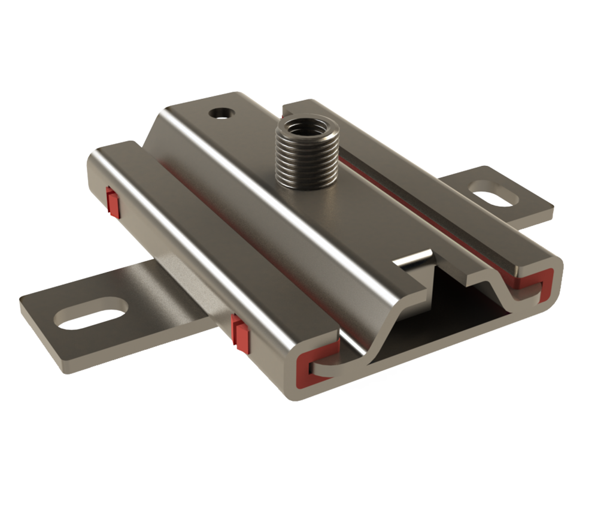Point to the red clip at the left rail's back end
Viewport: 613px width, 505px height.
112,201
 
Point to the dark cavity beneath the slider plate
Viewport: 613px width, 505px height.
455,300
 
